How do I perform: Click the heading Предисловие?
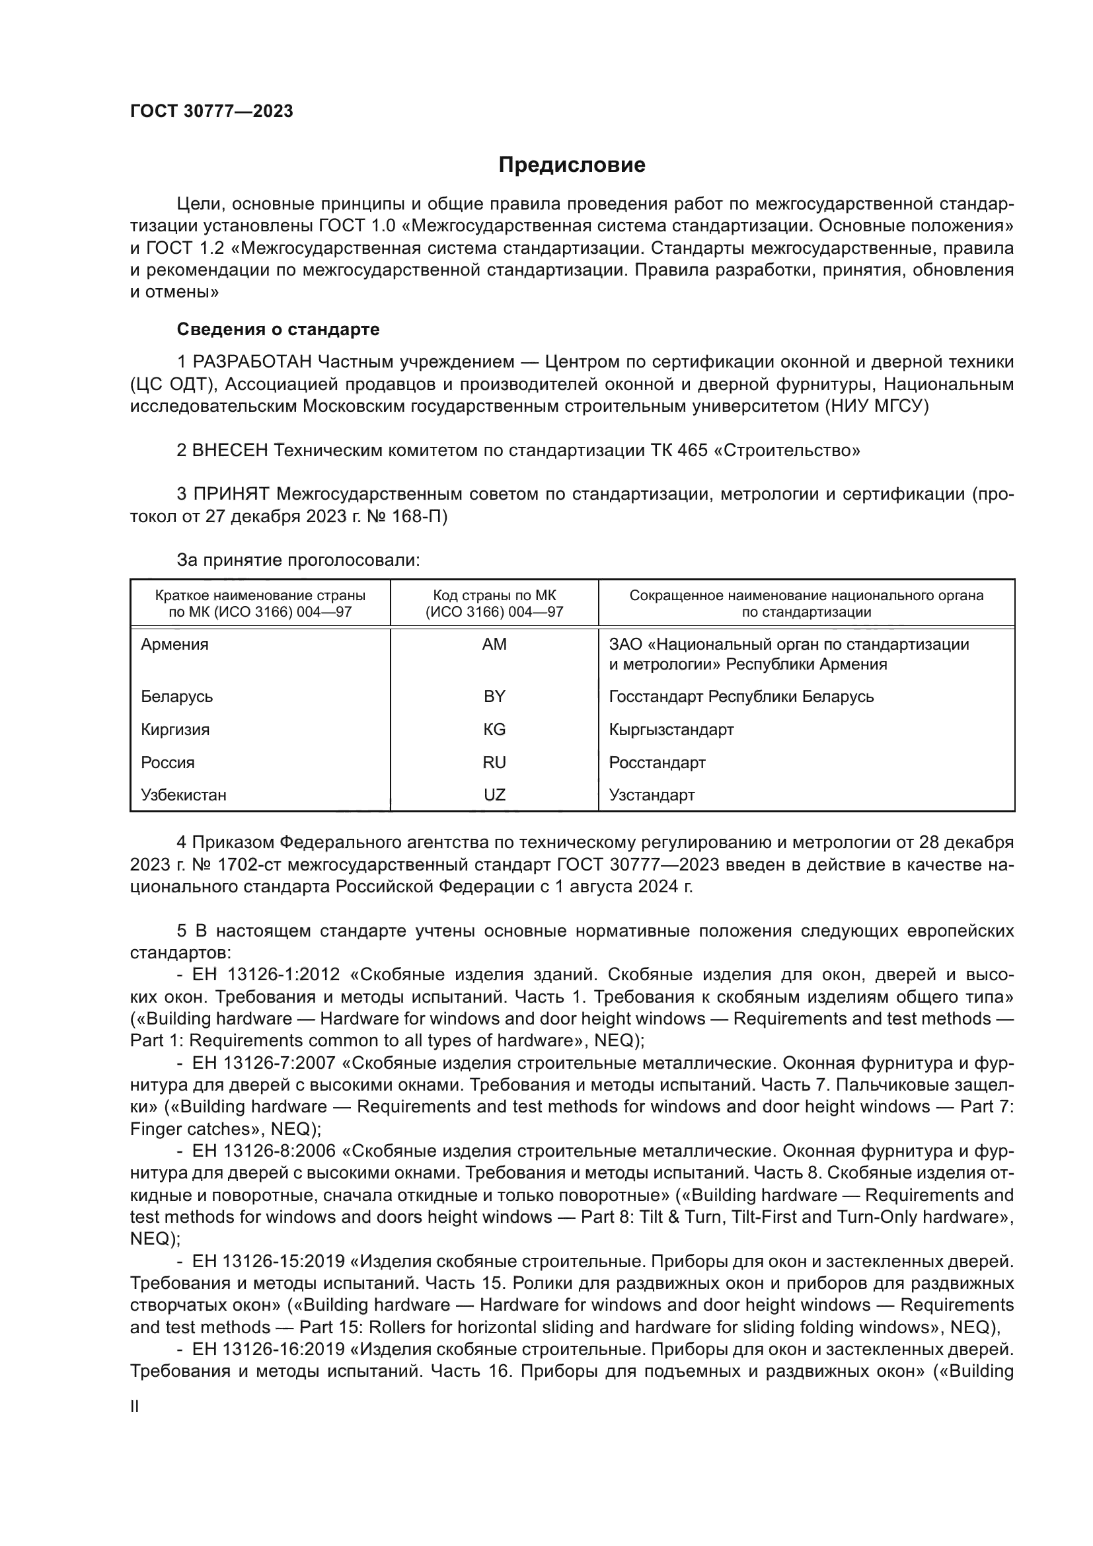[572, 165]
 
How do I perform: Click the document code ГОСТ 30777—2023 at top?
[211, 111]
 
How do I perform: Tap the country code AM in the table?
[494, 644]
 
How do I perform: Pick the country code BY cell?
[494, 696]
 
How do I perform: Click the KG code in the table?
[494, 729]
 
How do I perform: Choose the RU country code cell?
[494, 762]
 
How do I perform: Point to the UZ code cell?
[494, 794]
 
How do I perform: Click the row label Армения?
[175, 644]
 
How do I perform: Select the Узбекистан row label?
[184, 794]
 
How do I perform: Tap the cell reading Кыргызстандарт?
[671, 729]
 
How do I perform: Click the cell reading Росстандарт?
[657, 762]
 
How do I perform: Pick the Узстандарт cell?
[652, 794]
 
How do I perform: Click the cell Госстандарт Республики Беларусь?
[741, 696]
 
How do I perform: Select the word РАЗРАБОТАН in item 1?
[252, 362]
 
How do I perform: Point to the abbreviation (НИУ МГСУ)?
[876, 406]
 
